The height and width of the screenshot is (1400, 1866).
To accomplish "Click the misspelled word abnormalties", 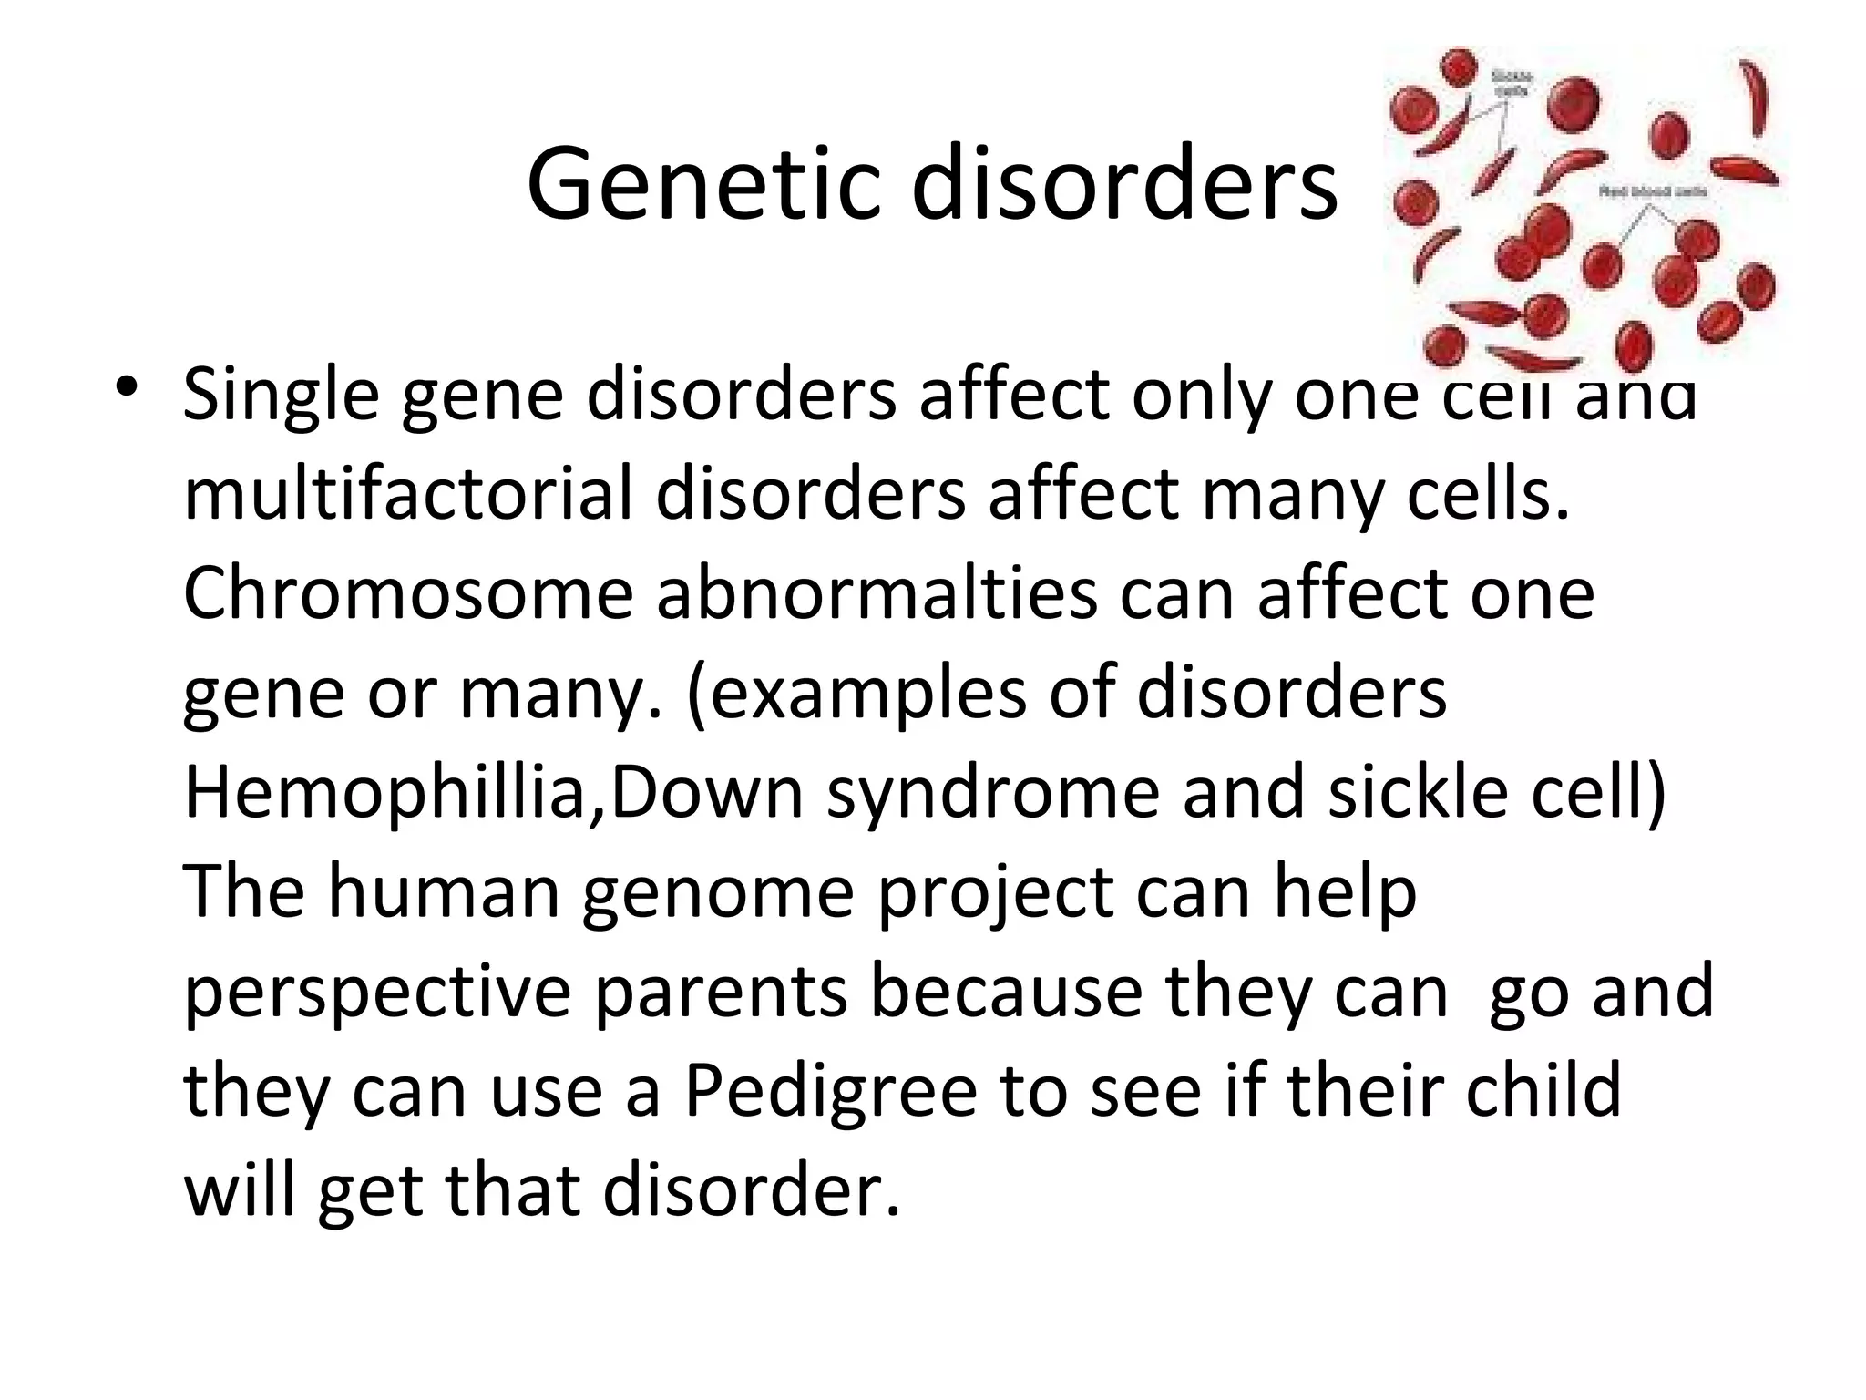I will [877, 593].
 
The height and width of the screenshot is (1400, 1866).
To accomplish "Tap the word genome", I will [718, 893].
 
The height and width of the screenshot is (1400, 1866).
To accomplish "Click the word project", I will [996, 893].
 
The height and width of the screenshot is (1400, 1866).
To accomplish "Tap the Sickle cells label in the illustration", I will [1512, 84].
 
